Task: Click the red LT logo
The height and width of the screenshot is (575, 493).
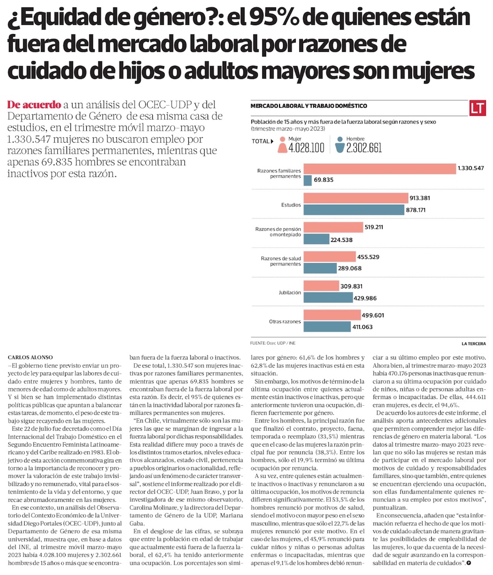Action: click(x=477, y=108)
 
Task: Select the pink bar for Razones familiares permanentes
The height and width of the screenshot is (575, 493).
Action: click(x=380, y=169)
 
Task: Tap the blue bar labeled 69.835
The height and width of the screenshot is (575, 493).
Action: click(x=308, y=180)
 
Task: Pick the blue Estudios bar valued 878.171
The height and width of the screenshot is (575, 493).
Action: click(x=354, y=210)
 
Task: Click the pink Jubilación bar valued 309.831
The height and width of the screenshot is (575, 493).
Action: click(x=321, y=286)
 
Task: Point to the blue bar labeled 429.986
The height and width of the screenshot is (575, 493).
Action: click(x=328, y=298)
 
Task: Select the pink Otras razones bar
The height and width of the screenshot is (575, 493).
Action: click(x=332, y=315)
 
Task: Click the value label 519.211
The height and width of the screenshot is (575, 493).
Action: click(x=374, y=227)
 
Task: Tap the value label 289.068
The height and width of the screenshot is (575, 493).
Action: click(x=350, y=268)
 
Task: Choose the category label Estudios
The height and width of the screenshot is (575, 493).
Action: click(x=291, y=205)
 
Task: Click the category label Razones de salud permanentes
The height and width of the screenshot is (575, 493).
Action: click(x=281, y=261)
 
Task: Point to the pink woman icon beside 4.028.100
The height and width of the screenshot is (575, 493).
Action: click(x=282, y=145)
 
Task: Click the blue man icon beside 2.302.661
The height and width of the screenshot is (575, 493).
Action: click(x=340, y=145)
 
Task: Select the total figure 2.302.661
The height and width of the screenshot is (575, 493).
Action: click(x=364, y=148)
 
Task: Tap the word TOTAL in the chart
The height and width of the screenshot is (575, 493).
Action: click(x=260, y=141)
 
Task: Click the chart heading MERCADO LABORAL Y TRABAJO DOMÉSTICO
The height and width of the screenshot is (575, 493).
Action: click(x=309, y=106)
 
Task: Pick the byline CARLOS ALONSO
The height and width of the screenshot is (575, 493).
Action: click(x=31, y=357)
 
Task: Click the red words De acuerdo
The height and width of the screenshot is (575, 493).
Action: click(x=34, y=105)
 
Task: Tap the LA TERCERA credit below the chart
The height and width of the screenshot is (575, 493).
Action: click(x=474, y=344)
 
